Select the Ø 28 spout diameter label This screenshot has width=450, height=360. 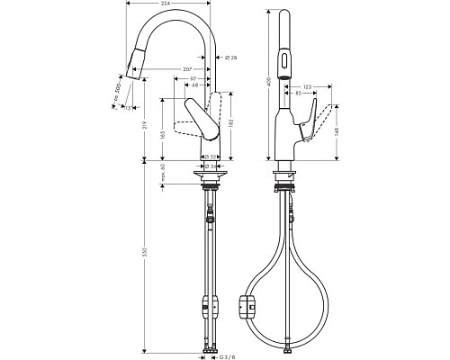[x=231, y=58]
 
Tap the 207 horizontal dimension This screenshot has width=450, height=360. [x=187, y=68]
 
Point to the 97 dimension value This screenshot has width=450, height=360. [x=193, y=79]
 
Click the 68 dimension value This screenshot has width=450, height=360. [x=195, y=87]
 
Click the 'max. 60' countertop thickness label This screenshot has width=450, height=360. [x=163, y=175]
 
